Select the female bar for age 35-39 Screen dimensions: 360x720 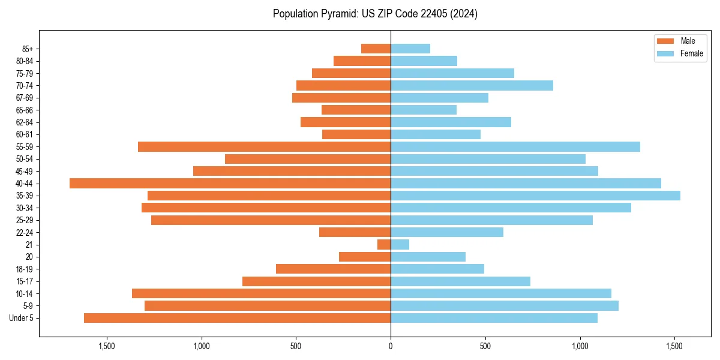click(535, 196)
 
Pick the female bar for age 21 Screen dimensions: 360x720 click(400, 244)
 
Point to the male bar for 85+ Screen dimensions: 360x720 click(376, 49)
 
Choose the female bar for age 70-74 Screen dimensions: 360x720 click(472, 85)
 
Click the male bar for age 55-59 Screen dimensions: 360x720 click(264, 146)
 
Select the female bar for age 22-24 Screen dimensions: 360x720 click(447, 232)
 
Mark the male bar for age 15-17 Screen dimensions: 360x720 click(316, 281)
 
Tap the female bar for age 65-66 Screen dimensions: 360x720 click(424, 110)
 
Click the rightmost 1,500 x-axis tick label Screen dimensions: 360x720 click(675, 347)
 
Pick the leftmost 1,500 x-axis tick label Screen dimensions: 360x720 click(106, 347)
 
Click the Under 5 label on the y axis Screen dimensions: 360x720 click(21, 318)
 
